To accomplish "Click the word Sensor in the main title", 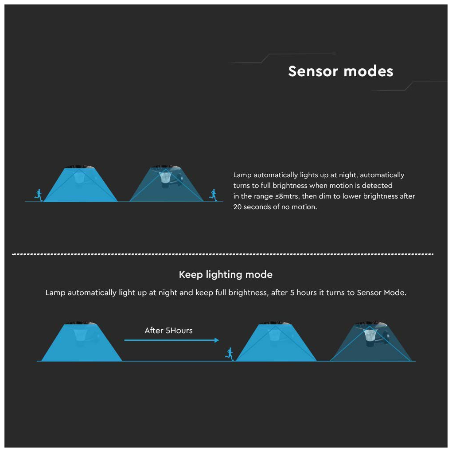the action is [x=313, y=71].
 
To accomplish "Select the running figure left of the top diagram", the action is [x=39, y=195].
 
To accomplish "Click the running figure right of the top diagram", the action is [x=213, y=195].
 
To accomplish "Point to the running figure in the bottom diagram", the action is [x=230, y=354].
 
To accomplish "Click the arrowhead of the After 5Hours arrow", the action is [x=217, y=340].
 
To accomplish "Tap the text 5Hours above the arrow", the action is [x=179, y=331].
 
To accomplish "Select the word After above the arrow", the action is [x=154, y=331].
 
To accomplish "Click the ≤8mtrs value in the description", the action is [x=287, y=196].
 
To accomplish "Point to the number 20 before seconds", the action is [x=237, y=207].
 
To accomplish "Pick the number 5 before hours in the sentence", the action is [x=292, y=292].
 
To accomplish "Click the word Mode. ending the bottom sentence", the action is [x=395, y=292].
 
